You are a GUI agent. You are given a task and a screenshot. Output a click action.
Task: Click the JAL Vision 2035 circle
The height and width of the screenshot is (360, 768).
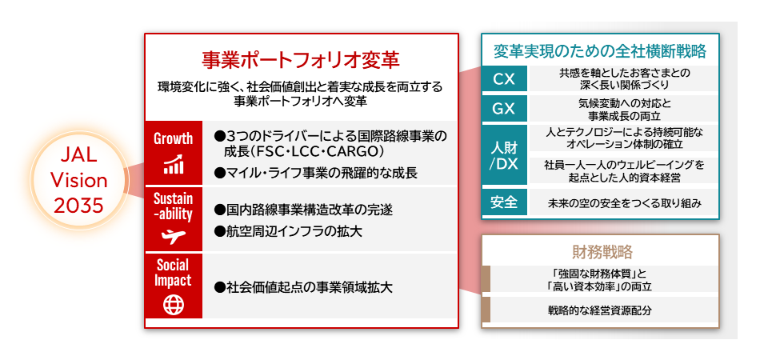click(x=79, y=181)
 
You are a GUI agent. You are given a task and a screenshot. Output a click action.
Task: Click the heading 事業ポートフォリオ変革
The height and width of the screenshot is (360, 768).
click(x=300, y=61)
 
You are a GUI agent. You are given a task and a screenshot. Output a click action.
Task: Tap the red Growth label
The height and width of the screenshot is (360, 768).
click(x=173, y=138)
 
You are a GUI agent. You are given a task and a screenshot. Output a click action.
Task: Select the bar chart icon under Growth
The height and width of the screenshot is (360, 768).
click(x=173, y=166)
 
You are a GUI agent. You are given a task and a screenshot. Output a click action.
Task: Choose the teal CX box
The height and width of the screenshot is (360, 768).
click(x=505, y=79)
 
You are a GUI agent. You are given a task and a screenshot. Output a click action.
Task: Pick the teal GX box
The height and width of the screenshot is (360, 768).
click(x=505, y=110)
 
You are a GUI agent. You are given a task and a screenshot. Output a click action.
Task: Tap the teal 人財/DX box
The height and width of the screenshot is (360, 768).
click(x=505, y=154)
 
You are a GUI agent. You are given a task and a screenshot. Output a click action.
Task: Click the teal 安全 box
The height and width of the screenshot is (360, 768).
click(x=505, y=202)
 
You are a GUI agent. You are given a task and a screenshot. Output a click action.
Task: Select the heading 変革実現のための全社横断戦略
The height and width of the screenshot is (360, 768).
click(x=599, y=52)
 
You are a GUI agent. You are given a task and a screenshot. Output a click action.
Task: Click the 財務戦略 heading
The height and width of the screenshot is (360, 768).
click(x=602, y=253)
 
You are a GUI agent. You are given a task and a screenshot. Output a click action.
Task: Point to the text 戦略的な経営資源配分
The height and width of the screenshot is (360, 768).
click(x=600, y=310)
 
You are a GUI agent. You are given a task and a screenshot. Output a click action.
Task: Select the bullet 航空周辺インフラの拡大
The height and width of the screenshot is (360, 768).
click(x=290, y=232)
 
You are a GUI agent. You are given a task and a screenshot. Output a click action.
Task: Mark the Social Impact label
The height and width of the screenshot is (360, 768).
click(x=173, y=273)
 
